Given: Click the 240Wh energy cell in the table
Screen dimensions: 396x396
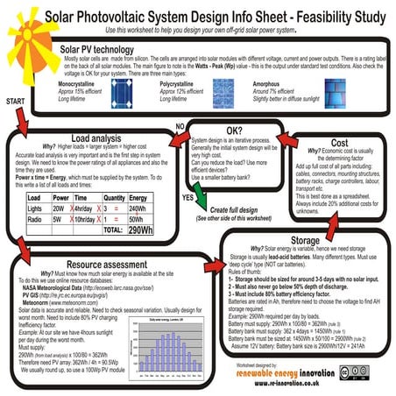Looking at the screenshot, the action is coord(141,209).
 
